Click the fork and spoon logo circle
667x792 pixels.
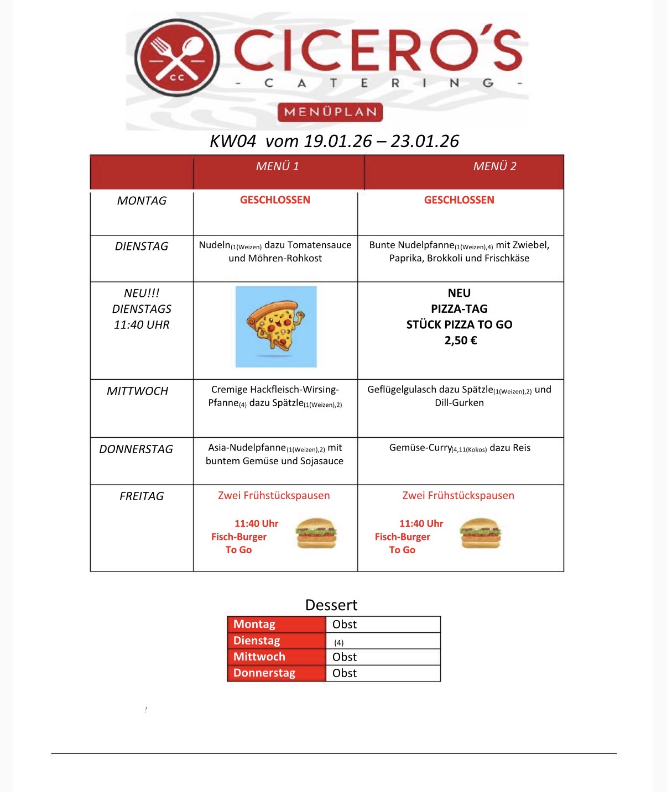point(177,58)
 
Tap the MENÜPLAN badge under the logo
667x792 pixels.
point(330,112)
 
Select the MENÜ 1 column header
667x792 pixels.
point(278,166)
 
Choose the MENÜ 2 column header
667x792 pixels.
point(494,166)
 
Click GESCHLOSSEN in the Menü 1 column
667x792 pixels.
point(275,200)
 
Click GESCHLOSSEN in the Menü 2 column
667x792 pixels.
point(459,200)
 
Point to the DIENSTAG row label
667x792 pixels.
point(142,246)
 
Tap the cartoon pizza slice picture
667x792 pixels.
point(276,326)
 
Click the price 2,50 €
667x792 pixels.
point(460,340)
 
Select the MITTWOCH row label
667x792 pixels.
point(137,391)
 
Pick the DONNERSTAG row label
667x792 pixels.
point(136,449)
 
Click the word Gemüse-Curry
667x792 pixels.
point(420,448)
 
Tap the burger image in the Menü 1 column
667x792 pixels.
point(316,533)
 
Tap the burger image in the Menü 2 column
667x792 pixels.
point(480,533)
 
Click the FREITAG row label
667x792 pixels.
point(142,496)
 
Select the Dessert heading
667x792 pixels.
point(331,605)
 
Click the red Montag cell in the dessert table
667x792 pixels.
point(277,624)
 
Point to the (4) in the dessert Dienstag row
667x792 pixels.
point(339,643)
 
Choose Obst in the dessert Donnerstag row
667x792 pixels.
point(345,673)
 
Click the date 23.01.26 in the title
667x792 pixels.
point(425,141)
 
